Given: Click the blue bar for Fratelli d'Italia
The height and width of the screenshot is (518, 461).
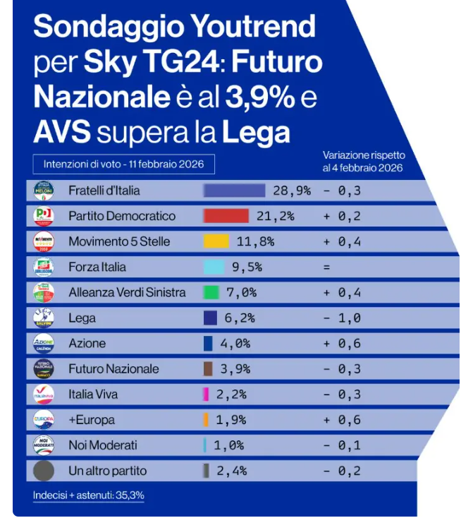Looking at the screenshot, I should point(234,191).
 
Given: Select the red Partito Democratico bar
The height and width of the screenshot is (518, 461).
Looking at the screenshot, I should point(226,216).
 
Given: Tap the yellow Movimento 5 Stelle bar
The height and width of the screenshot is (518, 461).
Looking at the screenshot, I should point(216,241).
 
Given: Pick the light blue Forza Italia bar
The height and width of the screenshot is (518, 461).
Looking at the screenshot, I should point(214,267).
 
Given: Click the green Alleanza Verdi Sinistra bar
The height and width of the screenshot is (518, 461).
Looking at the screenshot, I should point(211,292).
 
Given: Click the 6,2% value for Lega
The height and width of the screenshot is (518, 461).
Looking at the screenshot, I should point(240,318).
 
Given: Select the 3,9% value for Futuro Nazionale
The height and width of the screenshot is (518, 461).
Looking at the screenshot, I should point(240,369).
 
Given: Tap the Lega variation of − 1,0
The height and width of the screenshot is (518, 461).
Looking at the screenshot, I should point(343,318).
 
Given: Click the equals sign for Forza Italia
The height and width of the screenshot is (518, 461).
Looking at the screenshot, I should point(326,267).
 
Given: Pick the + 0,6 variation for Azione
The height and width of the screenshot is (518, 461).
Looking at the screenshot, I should point(343,344).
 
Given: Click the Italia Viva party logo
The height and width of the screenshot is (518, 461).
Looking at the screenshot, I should point(44,394).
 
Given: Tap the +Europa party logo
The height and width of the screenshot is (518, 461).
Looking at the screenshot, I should point(44,420).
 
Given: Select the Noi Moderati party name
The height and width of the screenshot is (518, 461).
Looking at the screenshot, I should point(102,445).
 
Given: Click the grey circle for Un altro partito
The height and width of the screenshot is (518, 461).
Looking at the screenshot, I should point(44,471).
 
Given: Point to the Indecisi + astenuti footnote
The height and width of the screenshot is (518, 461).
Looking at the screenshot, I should point(88,495).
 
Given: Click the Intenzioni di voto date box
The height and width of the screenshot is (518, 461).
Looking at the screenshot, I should point(123,164).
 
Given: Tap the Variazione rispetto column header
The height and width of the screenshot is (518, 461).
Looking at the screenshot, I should point(363,161).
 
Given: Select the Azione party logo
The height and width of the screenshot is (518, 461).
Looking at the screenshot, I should point(44,344).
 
